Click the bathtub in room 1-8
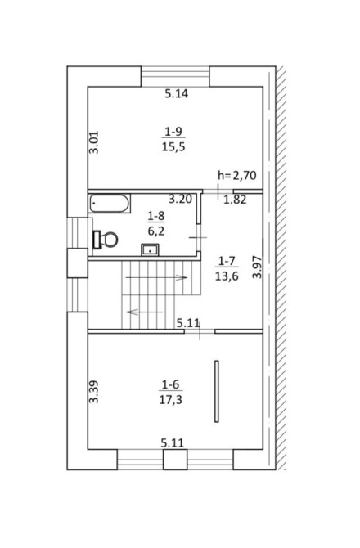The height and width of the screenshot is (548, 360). coord(110,204)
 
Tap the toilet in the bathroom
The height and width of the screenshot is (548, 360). coord(106,240)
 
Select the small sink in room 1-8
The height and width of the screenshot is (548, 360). coord(150,249)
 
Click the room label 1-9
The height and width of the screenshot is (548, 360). coord(173,132)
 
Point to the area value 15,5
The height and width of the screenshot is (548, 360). coord(173,147)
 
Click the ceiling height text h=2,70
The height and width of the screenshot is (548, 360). coord(237,175)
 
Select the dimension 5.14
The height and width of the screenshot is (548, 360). coord(177,94)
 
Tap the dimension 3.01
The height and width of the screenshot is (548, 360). coord(94,142)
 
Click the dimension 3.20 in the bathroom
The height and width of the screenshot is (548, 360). coord(180,200)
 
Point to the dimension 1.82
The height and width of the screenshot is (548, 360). coord(235,200)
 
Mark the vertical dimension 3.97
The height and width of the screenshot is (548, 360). coord(257,267)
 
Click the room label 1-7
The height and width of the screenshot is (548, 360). coord(227,261)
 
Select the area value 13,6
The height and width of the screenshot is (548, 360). coord(227,276)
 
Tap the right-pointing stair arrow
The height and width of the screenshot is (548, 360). coord(156,278)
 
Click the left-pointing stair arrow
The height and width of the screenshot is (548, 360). coord(145,312)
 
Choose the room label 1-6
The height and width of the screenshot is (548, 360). coord(170,384)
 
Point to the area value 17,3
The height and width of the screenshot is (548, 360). coord(170,400)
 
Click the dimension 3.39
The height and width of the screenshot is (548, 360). coord(94,392)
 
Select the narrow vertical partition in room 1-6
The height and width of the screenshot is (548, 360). coord(217,391)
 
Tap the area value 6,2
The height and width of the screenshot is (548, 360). coord(156,231)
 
